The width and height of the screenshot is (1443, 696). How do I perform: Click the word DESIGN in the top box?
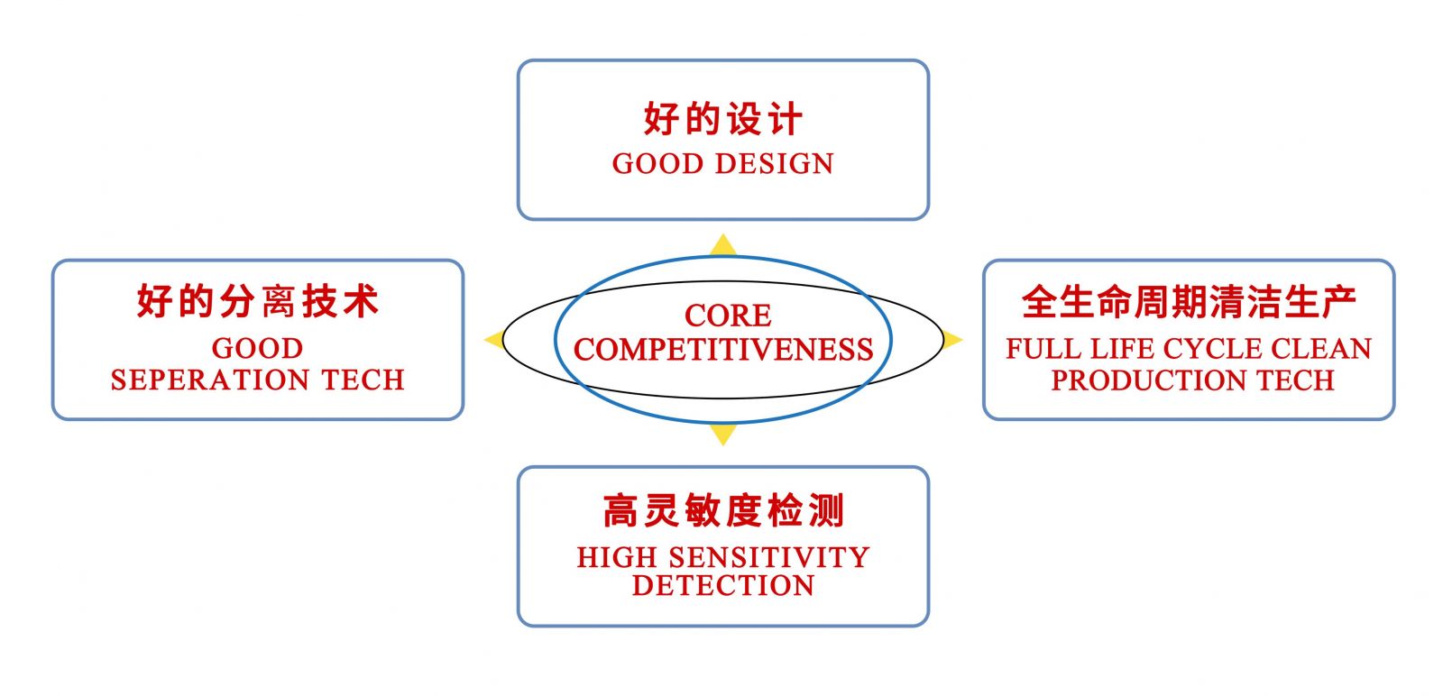[x=775, y=164]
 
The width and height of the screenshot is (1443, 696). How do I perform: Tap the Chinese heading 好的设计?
[x=722, y=118]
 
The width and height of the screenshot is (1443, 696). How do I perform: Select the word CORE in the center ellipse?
[x=728, y=316]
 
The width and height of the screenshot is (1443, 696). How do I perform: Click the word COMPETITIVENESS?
[x=723, y=350]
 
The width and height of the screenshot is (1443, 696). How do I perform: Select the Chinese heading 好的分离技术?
[x=258, y=301]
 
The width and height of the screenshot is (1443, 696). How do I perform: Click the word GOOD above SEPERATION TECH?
[x=258, y=348]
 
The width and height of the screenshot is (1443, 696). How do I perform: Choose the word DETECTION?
[x=723, y=586]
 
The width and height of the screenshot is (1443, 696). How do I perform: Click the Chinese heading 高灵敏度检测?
[x=723, y=511]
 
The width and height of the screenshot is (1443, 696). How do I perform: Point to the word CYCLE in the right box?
[x=1212, y=349]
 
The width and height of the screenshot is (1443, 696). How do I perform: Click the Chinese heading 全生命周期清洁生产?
[x=1190, y=301]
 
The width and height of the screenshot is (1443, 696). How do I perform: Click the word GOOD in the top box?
[x=657, y=164]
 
